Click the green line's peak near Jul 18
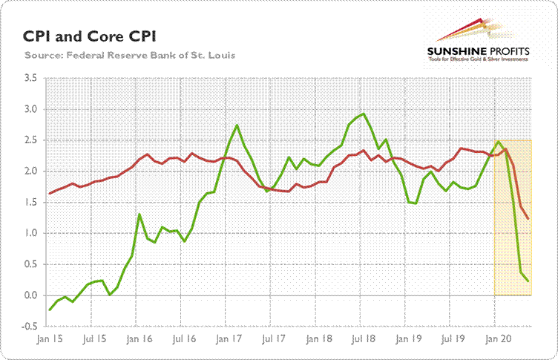click(364, 114)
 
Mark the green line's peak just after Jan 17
click(237, 125)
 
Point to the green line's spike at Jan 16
click(139, 215)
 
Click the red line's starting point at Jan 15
click(50, 194)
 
